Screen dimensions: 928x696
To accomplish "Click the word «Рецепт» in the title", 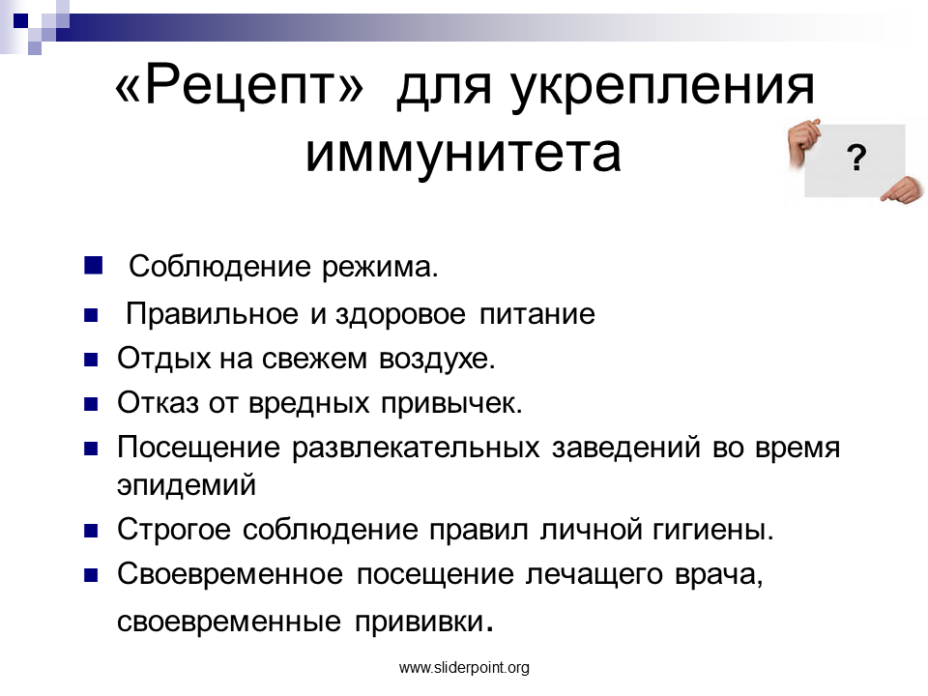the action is tap(239, 87).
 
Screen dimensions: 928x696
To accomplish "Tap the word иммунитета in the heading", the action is tap(463, 154).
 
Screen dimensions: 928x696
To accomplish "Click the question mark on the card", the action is tap(855, 158).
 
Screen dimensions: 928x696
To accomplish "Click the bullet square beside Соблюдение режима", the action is tap(93, 265).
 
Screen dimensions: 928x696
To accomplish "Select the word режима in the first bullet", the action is tap(379, 268).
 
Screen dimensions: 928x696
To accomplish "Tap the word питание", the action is tap(536, 314).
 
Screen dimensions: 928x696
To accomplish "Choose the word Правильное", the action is tap(212, 314).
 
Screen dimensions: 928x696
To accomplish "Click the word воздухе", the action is tap(437, 360).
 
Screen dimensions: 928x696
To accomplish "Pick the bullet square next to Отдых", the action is tap(91, 360).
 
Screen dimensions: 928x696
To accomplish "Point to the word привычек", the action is tap(451, 404).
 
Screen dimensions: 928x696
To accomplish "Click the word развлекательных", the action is tap(416, 448).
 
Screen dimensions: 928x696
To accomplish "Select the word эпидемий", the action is tap(187, 485).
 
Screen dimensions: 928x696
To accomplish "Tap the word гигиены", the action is tap(712, 530).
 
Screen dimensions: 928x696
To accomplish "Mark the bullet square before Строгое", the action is tap(91, 531).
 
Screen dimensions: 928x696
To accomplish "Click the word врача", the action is tap(718, 575).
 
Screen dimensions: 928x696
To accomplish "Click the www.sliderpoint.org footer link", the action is tap(464, 668).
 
